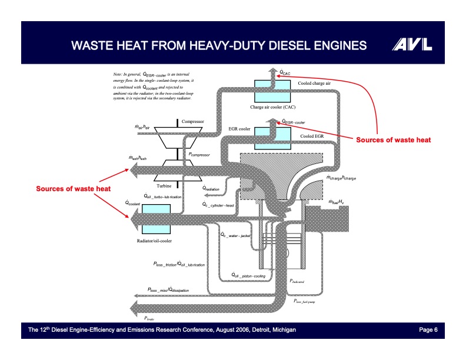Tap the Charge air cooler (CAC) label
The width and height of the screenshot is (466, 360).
coord(272,108)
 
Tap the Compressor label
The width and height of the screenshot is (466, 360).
coord(192,121)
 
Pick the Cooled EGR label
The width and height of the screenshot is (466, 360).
coord(312,136)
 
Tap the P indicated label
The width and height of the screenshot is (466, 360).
coord(297,282)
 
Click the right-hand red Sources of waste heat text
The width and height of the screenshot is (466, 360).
coord(394,140)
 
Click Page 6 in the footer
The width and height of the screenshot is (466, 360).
coord(428,330)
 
